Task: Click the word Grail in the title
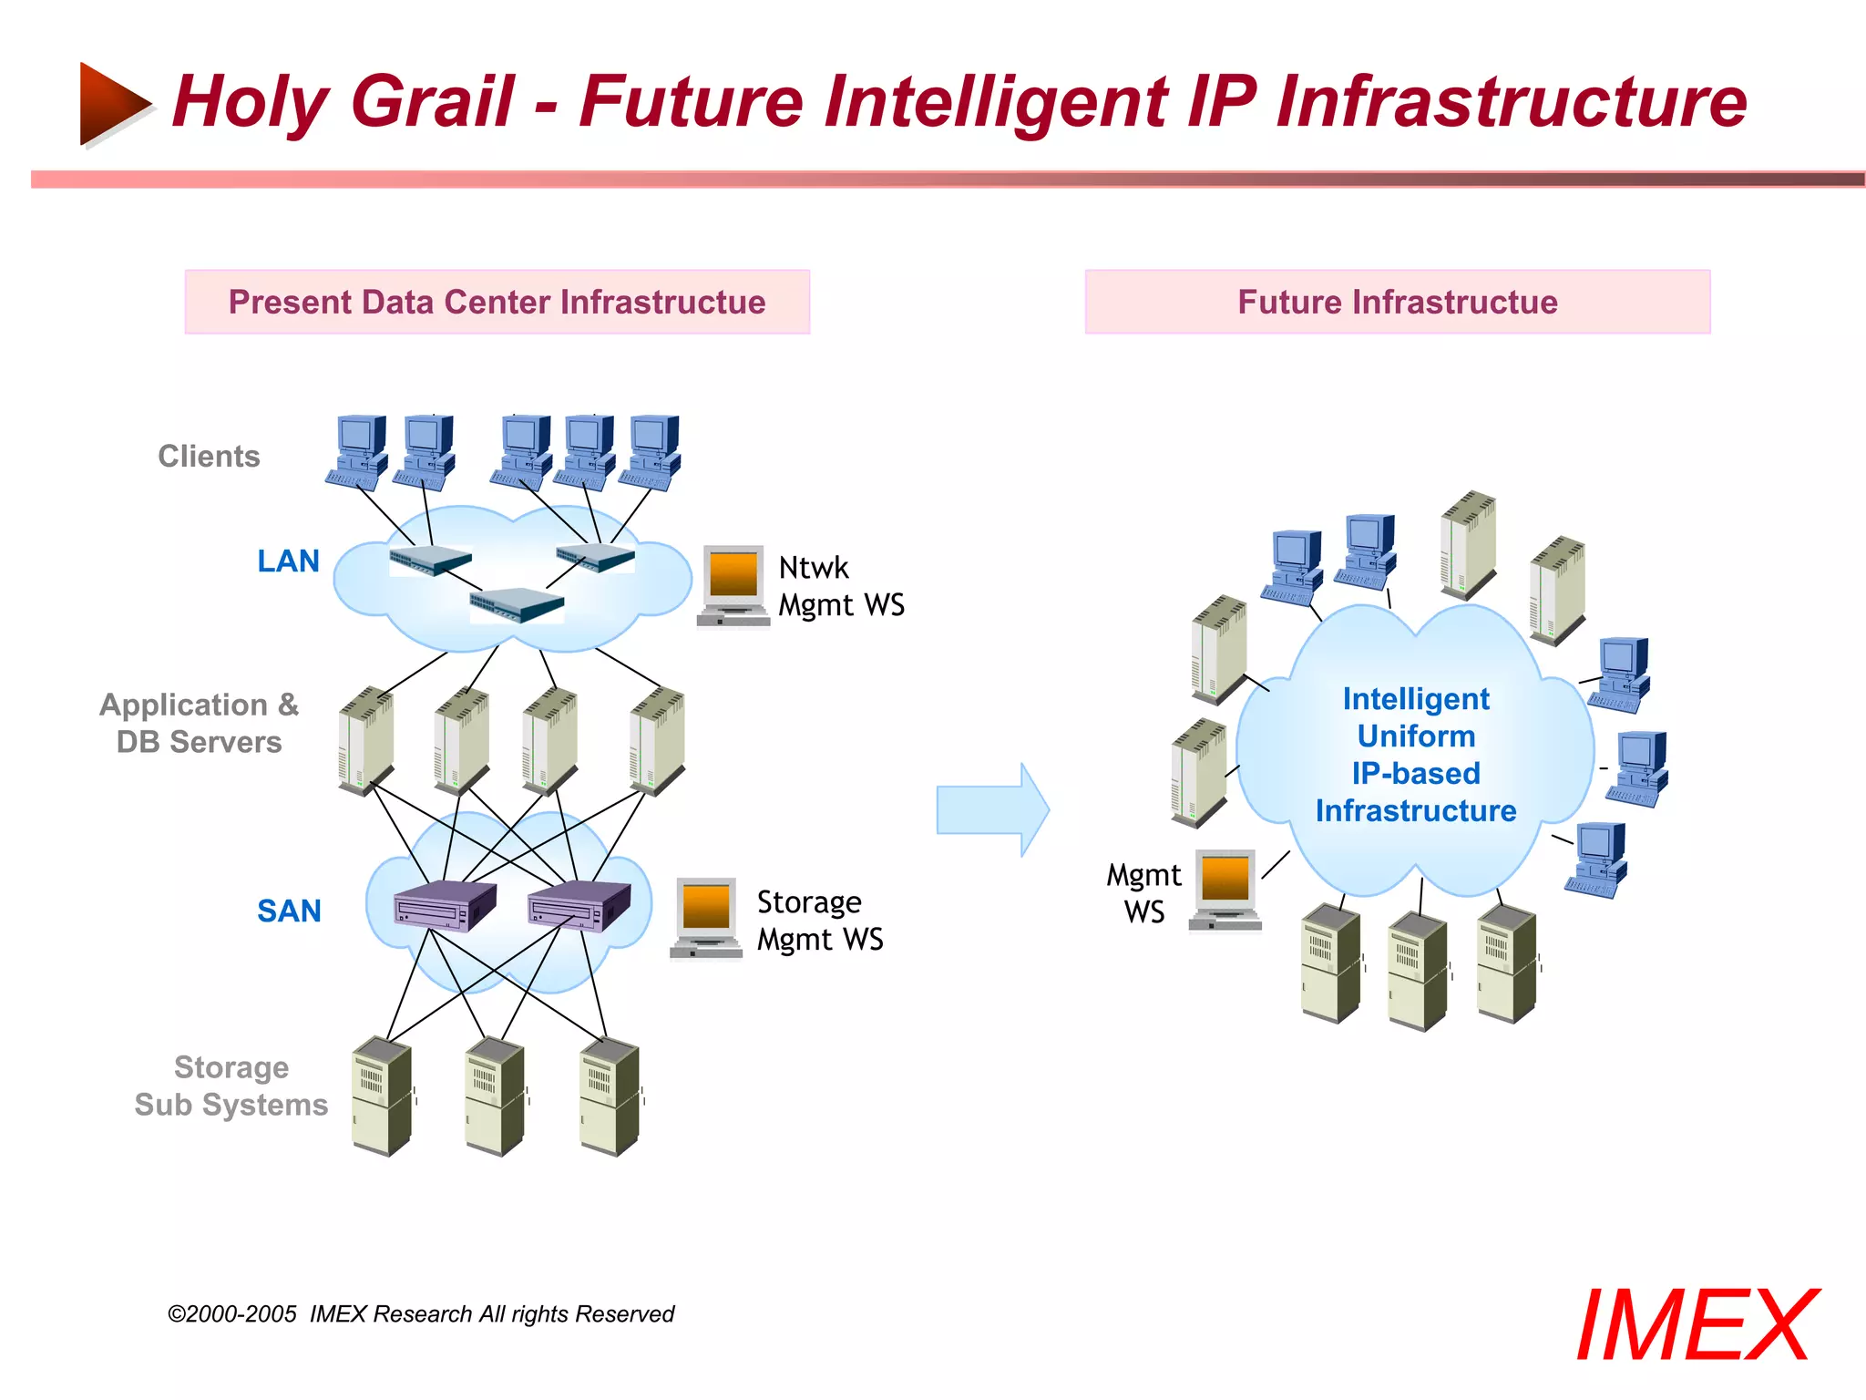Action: [x=432, y=102]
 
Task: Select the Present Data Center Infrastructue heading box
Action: [x=497, y=302]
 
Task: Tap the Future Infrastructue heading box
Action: [x=1397, y=302]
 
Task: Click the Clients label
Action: [x=209, y=456]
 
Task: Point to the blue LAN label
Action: [x=288, y=561]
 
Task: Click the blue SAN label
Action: [x=289, y=911]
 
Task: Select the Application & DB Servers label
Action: [x=199, y=723]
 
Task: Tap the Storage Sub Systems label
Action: [x=231, y=1086]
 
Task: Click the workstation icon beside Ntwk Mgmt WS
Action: [x=733, y=585]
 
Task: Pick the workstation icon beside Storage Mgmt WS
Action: [x=706, y=917]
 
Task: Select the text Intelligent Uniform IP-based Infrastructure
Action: [x=1415, y=755]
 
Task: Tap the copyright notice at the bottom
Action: [x=421, y=1313]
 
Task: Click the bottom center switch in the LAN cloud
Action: [x=517, y=603]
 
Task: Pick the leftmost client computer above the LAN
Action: [x=358, y=452]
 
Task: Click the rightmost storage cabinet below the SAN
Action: [x=610, y=1096]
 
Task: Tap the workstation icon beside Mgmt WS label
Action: [x=1225, y=890]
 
